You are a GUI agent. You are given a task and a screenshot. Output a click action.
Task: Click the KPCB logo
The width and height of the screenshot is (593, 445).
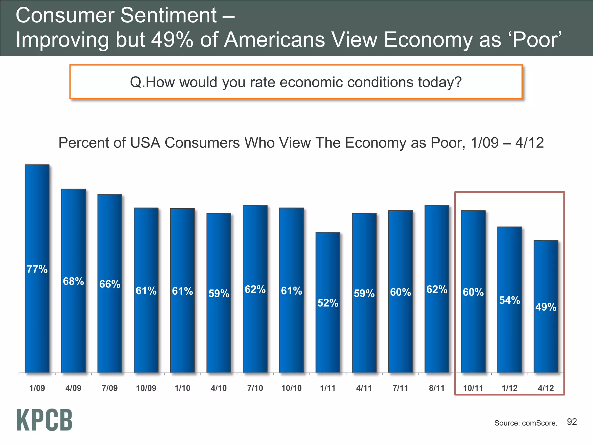pyautogui.click(x=44, y=420)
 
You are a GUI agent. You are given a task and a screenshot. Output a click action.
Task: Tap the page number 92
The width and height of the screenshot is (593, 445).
pyautogui.click(x=572, y=422)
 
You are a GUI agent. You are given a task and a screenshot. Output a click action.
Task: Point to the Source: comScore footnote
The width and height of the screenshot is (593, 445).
pyautogui.click(x=526, y=423)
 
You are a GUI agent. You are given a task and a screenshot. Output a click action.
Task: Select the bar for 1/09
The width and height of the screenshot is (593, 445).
pyautogui.click(x=37, y=319)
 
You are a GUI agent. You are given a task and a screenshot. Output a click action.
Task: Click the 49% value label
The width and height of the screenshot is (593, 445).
pyautogui.click(x=546, y=307)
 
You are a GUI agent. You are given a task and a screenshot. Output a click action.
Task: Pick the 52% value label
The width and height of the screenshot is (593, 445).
pyautogui.click(x=328, y=303)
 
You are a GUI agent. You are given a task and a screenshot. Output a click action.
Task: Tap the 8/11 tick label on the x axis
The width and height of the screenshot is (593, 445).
pyautogui.click(x=437, y=388)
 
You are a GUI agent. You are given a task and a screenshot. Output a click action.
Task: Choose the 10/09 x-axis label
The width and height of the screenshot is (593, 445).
pyautogui.click(x=146, y=388)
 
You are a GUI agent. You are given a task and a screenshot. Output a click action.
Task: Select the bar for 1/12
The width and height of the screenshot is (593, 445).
pyautogui.click(x=509, y=333)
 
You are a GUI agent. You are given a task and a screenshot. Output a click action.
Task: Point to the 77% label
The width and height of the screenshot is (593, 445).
pyautogui.click(x=37, y=269)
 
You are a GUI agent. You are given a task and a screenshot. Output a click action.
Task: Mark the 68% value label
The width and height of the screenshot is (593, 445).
pyautogui.click(x=73, y=281)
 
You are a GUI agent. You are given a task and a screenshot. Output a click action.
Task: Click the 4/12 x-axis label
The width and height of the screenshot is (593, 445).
pyautogui.click(x=546, y=388)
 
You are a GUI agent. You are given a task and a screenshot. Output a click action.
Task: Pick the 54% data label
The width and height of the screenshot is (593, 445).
pyautogui.click(x=509, y=300)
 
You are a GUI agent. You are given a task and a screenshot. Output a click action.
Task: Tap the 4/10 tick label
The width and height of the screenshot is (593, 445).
pyautogui.click(x=219, y=388)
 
